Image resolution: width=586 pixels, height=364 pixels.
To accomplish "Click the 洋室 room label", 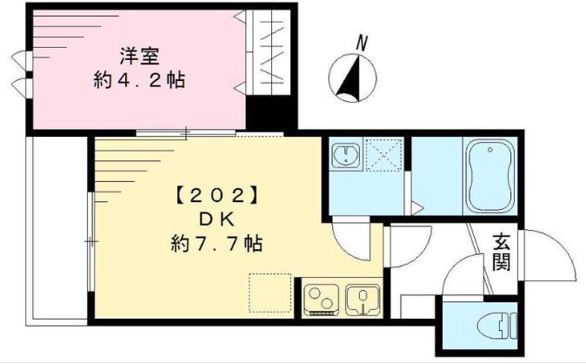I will point(138,54).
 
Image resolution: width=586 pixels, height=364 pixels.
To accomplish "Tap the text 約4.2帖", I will point(139,81).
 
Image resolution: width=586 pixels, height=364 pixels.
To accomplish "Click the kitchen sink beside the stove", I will point(363,299).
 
